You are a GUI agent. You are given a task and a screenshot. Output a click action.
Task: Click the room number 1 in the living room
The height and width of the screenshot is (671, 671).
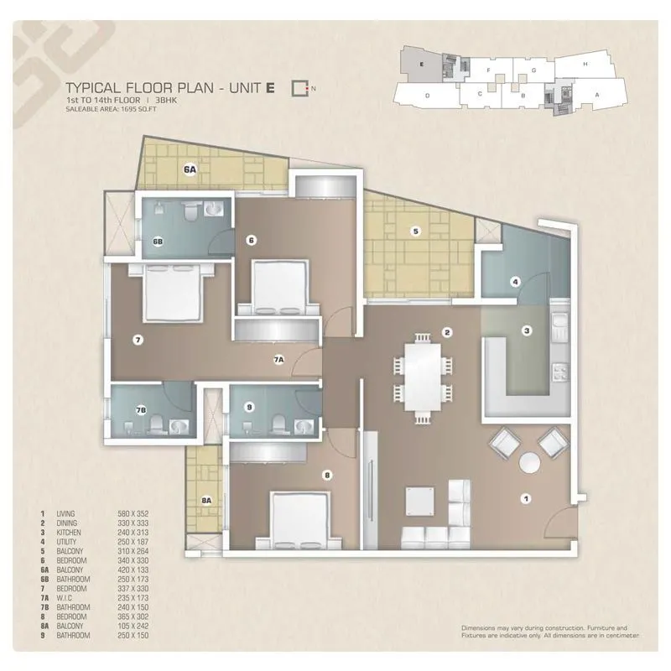point(527,498)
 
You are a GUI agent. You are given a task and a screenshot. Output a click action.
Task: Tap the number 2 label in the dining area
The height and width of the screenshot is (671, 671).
point(448,332)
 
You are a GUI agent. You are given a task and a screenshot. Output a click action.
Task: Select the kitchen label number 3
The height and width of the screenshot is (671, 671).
point(527,331)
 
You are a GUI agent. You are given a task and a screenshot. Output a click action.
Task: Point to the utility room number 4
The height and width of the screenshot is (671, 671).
point(515,281)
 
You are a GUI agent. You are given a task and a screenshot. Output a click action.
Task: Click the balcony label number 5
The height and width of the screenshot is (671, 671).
point(414,231)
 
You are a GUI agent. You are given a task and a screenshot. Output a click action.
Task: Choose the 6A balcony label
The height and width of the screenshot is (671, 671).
point(190,169)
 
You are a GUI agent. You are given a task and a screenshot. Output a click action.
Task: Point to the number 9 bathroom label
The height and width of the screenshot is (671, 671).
point(249,408)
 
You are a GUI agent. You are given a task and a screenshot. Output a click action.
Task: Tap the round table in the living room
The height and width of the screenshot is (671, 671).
point(529,463)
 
